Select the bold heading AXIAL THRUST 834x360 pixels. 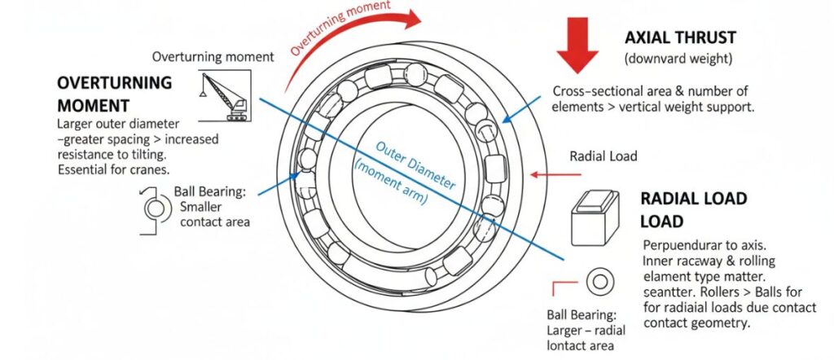pyautogui.click(x=680, y=38)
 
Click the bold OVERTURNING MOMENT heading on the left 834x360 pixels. pyautogui.click(x=114, y=94)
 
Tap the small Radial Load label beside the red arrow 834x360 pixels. pyautogui.click(x=603, y=156)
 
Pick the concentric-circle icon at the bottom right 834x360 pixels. pyautogui.click(x=600, y=283)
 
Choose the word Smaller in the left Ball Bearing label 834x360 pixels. pyautogui.click(x=200, y=206)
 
